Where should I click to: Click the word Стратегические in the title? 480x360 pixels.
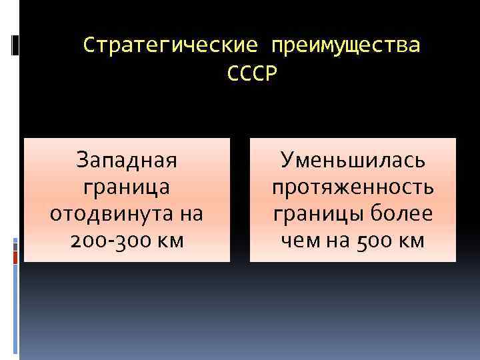[x=170, y=46]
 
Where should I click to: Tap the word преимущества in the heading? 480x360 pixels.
[x=346, y=46]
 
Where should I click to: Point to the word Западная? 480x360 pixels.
[x=127, y=160]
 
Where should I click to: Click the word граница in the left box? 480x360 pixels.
[x=127, y=187]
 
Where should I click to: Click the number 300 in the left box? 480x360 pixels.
[x=129, y=241]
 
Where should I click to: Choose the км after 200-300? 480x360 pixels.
[x=171, y=241]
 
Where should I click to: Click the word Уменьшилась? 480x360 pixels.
[x=353, y=160]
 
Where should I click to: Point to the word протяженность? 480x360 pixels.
[x=353, y=187]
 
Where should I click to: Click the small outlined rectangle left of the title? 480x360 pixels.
[x=15, y=45]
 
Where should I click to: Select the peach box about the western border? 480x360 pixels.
[x=127, y=199]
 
